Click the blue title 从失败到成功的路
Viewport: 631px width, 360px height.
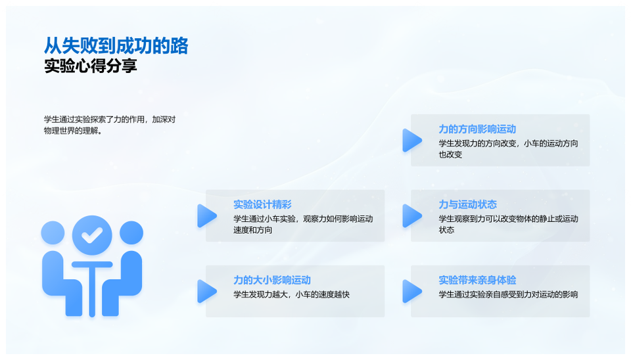click(116, 45)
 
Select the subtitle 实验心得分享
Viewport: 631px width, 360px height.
click(90, 66)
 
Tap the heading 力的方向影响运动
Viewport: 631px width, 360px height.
click(477, 129)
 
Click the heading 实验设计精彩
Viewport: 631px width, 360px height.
click(262, 204)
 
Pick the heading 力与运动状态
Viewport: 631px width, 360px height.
click(467, 204)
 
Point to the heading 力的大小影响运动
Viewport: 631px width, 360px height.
click(272, 280)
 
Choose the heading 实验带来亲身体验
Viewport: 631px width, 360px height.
click(477, 280)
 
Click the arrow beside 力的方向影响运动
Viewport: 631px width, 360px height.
click(411, 141)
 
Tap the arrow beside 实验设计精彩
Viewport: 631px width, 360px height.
click(206, 215)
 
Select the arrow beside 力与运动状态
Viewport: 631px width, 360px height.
click(411, 215)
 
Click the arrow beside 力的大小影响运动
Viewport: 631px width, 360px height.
click(206, 291)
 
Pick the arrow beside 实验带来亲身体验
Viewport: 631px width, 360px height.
click(411, 291)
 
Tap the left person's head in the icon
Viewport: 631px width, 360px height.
click(53, 233)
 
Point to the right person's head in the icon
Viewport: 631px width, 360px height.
click(131, 233)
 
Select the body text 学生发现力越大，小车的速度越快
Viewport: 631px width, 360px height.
click(291, 294)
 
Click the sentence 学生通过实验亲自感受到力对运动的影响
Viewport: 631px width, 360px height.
click(508, 294)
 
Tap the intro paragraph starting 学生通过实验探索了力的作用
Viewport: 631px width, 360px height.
click(109, 125)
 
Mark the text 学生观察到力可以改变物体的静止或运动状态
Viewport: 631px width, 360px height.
click(508, 224)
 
